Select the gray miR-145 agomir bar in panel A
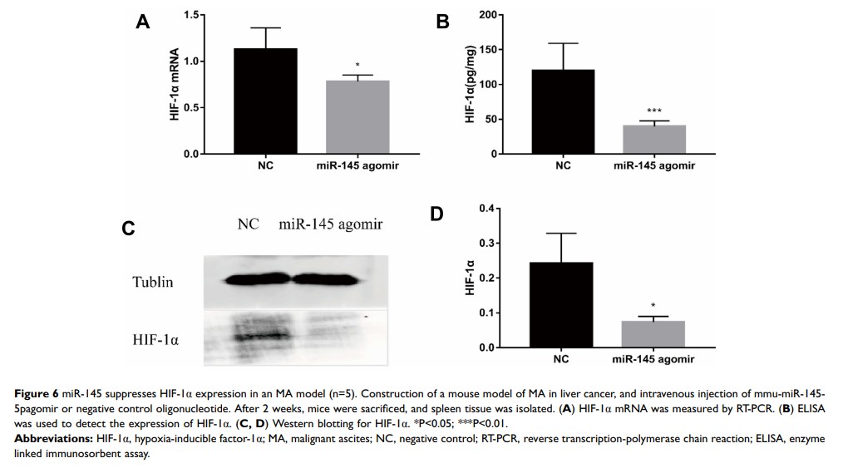coord(357,117)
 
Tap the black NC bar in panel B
coord(564,112)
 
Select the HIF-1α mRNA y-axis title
coord(175,86)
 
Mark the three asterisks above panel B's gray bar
coord(653,111)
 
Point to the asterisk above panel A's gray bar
coord(357,66)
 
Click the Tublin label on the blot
coord(153,283)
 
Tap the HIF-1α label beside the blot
coord(155,341)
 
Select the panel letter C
coord(128,228)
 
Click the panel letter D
coord(437,214)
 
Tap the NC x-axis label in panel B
coord(564,165)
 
